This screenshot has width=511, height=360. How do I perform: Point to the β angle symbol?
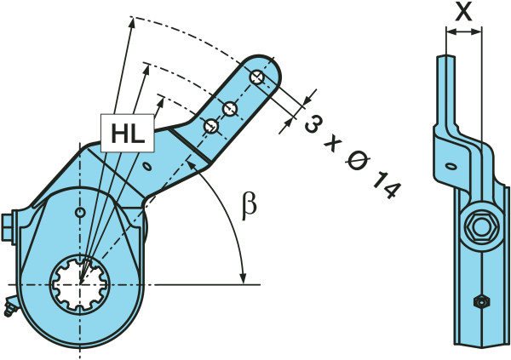click(250, 208)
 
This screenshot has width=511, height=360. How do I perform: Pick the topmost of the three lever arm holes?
click(257, 77)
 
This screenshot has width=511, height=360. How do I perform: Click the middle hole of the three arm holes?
click(229, 107)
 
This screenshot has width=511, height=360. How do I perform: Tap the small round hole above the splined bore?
click(79, 211)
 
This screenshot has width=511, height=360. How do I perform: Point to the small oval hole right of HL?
click(150, 164)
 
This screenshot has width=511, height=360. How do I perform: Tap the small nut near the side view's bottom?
click(479, 301)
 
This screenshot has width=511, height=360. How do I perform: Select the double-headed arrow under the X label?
click(463, 32)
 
